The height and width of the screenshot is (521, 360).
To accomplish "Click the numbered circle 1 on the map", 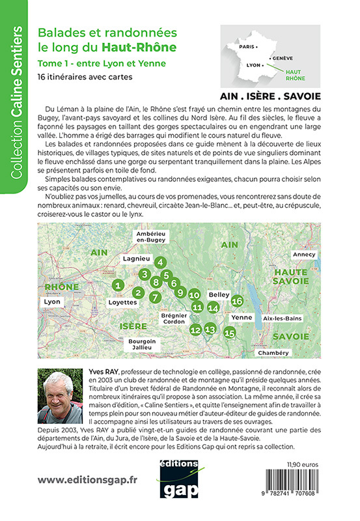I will tap(118, 285).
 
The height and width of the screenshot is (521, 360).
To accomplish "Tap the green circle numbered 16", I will tap(237, 300).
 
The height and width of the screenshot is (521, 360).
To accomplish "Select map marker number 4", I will tap(160, 262).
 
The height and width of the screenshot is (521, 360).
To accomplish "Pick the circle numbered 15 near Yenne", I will tap(228, 333).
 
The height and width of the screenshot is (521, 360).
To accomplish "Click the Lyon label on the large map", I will tap(51, 303).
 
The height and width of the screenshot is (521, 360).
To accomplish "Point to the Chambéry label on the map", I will tap(273, 352).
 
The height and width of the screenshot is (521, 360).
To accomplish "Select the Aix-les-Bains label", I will tap(281, 317).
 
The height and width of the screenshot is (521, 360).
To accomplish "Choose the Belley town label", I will tap(219, 294).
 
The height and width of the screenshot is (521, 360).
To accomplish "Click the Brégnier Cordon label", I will tap(174, 318).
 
